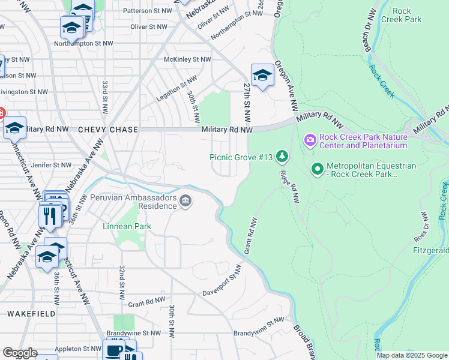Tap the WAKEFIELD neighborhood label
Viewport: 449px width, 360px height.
point(31,314)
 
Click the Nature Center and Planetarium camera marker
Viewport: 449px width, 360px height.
point(310,140)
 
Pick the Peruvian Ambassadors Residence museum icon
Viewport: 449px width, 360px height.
point(186,202)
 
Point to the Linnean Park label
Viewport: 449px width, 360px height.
point(127,226)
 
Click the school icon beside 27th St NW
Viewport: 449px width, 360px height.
point(262,75)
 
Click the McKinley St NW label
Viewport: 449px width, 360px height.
point(187,59)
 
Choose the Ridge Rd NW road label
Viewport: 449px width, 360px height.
point(289,187)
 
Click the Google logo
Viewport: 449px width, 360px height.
point(20,353)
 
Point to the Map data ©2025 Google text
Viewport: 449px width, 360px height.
point(411,355)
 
